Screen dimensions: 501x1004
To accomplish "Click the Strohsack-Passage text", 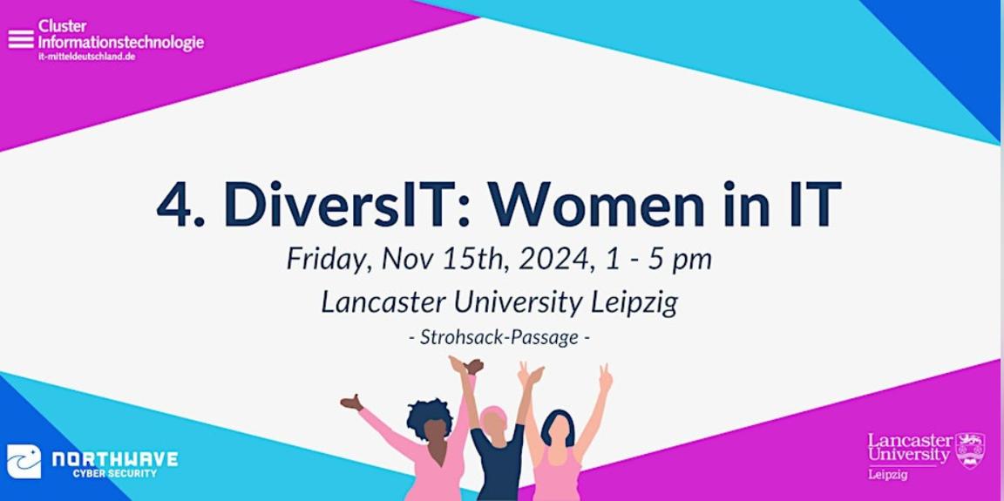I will [x=499, y=337].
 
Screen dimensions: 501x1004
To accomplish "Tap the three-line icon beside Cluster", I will [x=21, y=39].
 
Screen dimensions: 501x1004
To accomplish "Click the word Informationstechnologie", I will [x=121, y=42].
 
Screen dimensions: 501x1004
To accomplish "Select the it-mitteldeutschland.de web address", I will [x=86, y=56].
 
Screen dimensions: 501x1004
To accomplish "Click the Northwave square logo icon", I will [x=24, y=461].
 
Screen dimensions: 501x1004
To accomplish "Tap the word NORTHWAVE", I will [x=115, y=458].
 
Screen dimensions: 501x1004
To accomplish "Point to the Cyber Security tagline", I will [x=115, y=473].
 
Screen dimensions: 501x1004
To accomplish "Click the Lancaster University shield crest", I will [x=969, y=450].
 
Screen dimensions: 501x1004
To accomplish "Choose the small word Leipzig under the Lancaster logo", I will [x=885, y=473].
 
